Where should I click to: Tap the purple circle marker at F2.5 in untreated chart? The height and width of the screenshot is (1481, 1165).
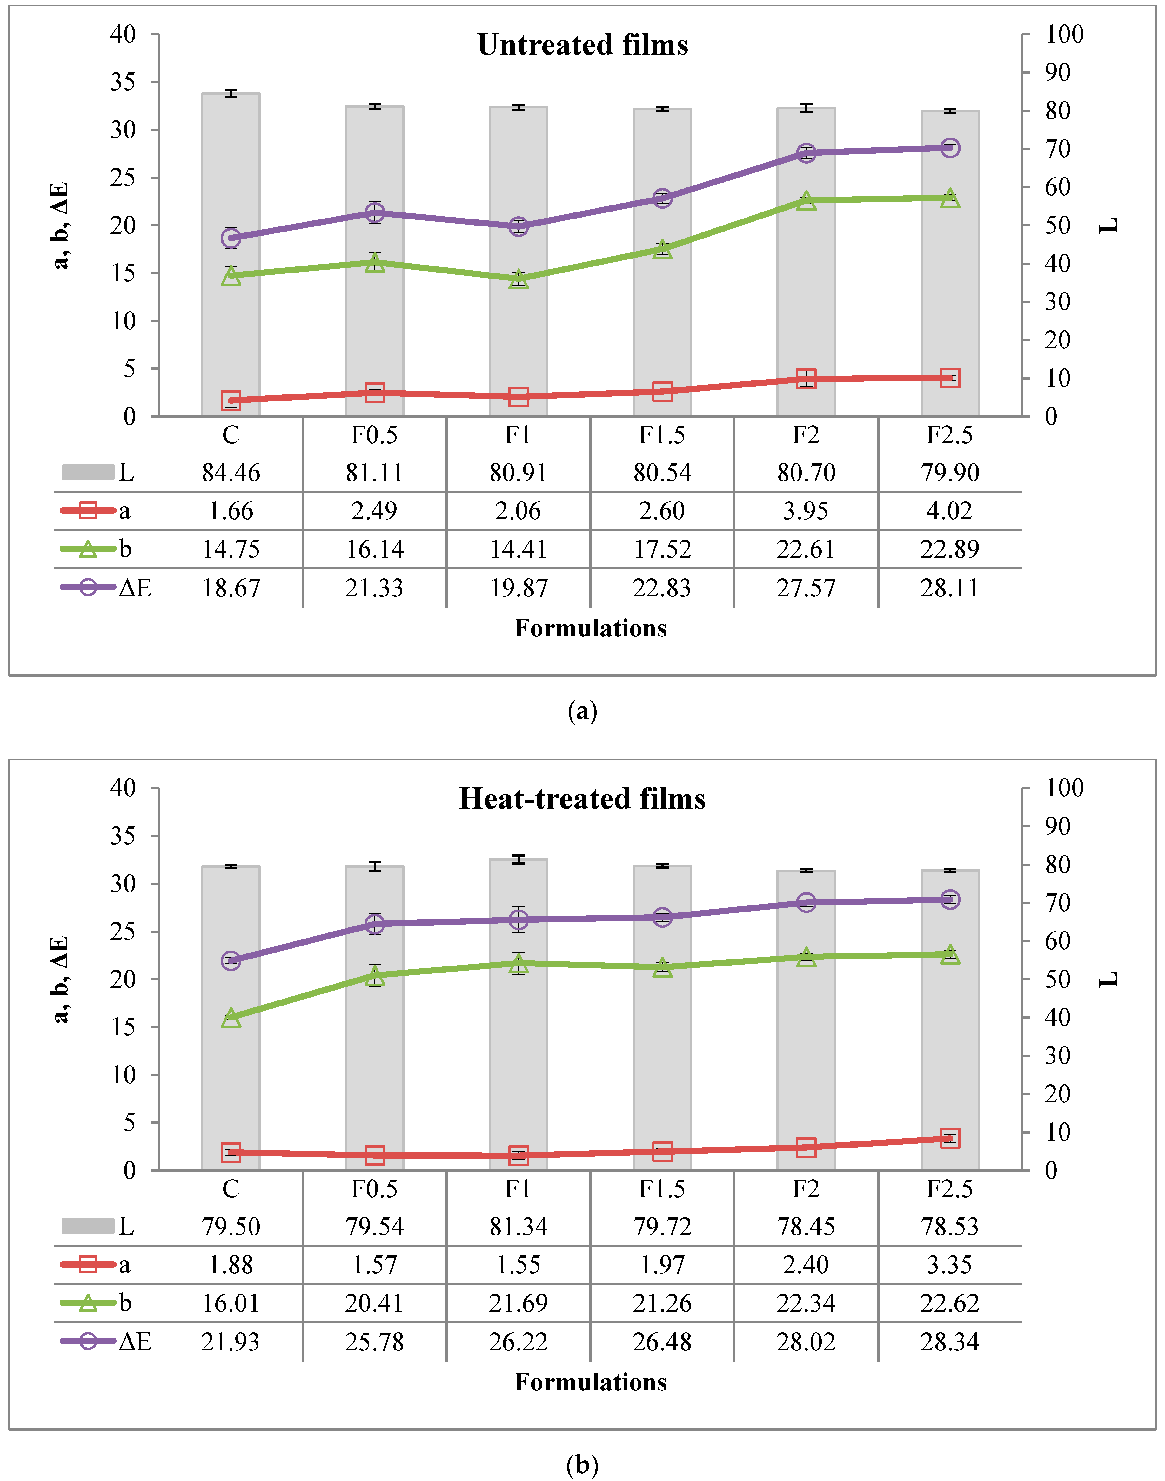click(949, 148)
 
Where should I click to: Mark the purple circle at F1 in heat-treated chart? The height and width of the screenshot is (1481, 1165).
click(519, 919)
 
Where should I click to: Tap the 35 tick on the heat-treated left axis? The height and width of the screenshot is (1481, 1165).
click(124, 836)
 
